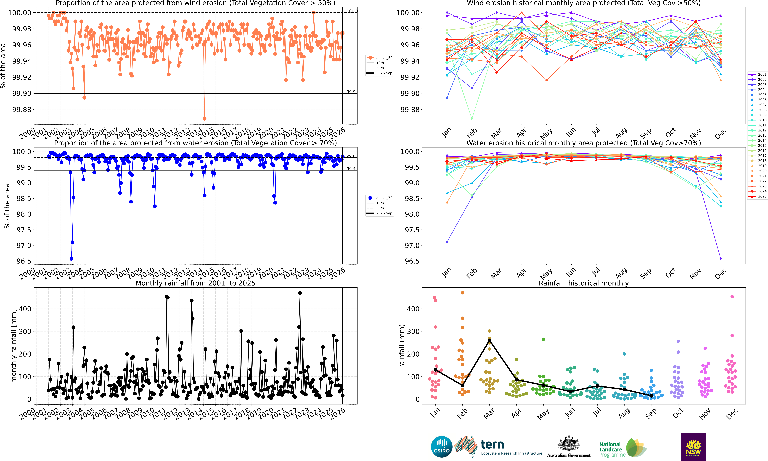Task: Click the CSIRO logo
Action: point(441,447)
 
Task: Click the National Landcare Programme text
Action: point(611,450)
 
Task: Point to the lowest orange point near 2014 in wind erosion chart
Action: point(204,119)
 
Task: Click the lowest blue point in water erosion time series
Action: point(71,259)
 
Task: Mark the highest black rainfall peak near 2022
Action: point(300,293)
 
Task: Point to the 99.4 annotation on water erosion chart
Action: point(351,169)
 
